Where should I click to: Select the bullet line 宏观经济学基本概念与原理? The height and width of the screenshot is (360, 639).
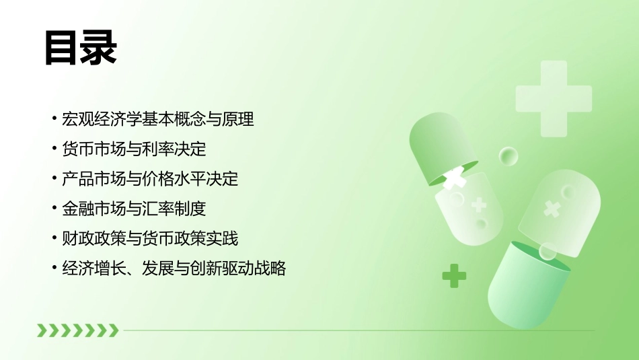tap(157, 120)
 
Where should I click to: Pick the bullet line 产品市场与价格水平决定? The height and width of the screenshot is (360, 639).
tap(149, 180)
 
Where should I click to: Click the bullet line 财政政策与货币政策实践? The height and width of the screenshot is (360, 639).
tap(149, 239)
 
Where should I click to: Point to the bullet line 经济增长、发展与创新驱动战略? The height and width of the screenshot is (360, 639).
tap(174, 268)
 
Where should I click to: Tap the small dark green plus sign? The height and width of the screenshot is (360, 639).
tap(454, 275)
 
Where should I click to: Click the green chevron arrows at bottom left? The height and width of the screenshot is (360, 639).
tap(77, 330)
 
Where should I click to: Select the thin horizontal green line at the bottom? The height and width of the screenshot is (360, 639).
tap(356, 330)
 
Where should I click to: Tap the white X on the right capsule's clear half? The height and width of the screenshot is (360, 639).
tap(552, 208)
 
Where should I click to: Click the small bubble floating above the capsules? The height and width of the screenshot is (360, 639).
tap(509, 156)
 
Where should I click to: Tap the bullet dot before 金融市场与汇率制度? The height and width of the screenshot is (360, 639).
tap(54, 209)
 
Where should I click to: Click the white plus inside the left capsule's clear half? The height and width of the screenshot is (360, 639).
tap(479, 205)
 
